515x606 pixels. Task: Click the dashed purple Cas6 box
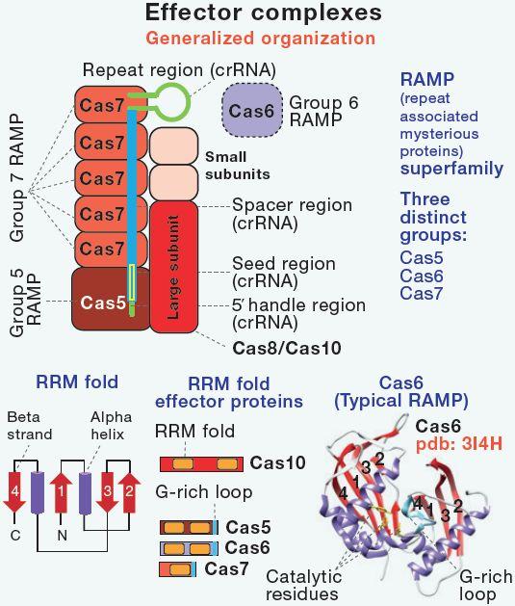coord(252,110)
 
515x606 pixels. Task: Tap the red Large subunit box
coord(173,267)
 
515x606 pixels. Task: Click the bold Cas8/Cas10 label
coord(287,348)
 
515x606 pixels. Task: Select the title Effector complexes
coord(264,13)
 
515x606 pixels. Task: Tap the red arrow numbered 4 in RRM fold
coord(14,490)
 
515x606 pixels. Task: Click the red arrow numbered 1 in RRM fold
coord(61,491)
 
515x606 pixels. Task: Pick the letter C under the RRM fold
coord(15,536)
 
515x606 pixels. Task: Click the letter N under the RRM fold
coord(62,536)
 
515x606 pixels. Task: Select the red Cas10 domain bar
coord(201,463)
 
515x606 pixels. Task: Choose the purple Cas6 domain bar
coord(190,548)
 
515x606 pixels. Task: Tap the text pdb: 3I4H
coord(459,444)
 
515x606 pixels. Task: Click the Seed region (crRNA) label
coord(284,272)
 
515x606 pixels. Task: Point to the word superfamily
coord(451,169)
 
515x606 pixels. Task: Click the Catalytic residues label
coord(304,585)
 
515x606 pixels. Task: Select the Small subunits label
coord(238,166)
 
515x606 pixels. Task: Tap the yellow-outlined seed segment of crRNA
coord(132,282)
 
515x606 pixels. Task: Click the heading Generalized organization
coord(261,39)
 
